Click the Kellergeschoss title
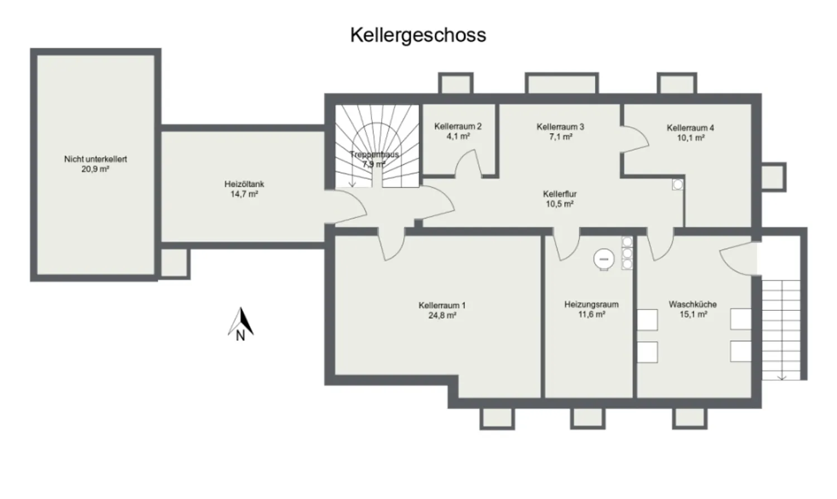tap(418, 36)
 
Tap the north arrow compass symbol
tap(240, 324)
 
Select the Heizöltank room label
tap(244, 184)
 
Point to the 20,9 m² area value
tap(95, 169)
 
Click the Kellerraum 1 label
tap(442, 305)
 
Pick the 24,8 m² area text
tap(442, 315)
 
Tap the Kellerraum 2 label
tap(458, 126)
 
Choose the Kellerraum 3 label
tap(560, 127)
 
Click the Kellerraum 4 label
tap(691, 128)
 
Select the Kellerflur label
tap(560, 194)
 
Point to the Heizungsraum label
tap(591, 304)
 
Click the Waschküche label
tap(693, 304)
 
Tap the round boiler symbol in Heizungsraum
tap(604, 259)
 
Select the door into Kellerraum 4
tap(634, 140)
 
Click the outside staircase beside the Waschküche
tap(781, 330)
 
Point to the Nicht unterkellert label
tap(95, 159)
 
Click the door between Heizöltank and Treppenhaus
tap(345, 208)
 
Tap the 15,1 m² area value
tap(693, 314)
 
